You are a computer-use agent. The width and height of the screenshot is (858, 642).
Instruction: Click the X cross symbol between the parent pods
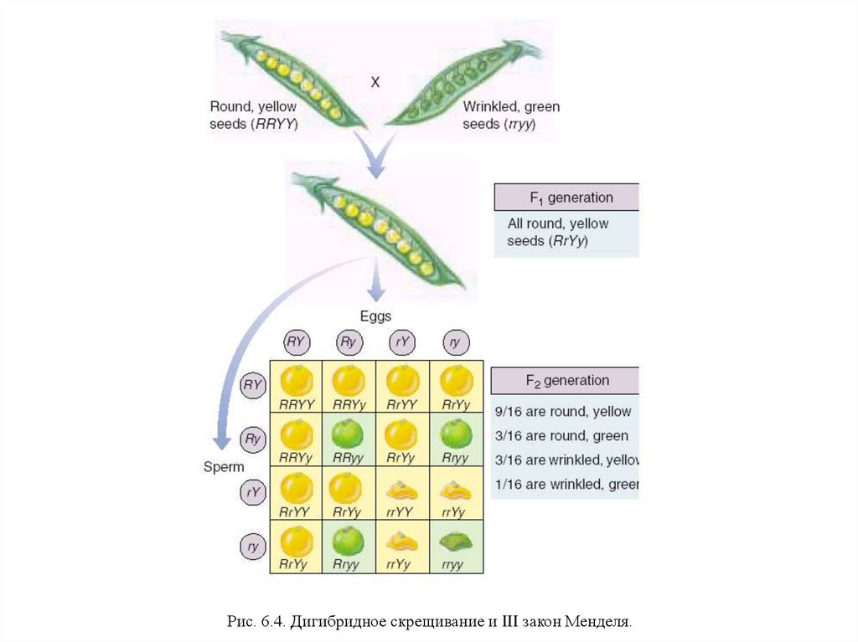[375, 82]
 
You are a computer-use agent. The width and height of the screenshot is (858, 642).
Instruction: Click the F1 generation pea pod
[378, 227]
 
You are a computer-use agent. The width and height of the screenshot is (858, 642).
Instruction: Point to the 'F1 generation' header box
[566, 198]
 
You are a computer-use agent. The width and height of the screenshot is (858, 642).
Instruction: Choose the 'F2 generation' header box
[566, 381]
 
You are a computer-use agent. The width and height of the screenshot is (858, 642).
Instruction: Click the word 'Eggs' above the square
[376, 316]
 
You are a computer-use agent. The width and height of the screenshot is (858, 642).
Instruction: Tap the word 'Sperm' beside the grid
[224, 466]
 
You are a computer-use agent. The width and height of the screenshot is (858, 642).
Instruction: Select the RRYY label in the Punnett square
[297, 405]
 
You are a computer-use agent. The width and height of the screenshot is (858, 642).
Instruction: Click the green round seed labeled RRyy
[349, 434]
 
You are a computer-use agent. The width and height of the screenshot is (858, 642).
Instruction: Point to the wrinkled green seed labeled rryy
[457, 542]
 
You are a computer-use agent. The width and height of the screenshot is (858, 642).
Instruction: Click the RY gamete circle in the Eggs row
[297, 342]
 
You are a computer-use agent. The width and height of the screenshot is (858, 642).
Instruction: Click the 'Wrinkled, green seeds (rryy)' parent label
[511, 116]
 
